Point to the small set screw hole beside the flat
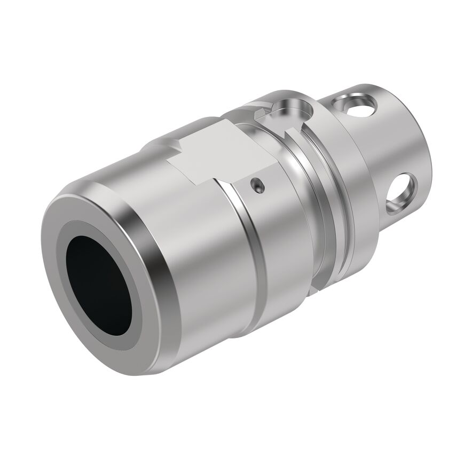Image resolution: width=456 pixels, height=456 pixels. [x=257, y=185]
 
